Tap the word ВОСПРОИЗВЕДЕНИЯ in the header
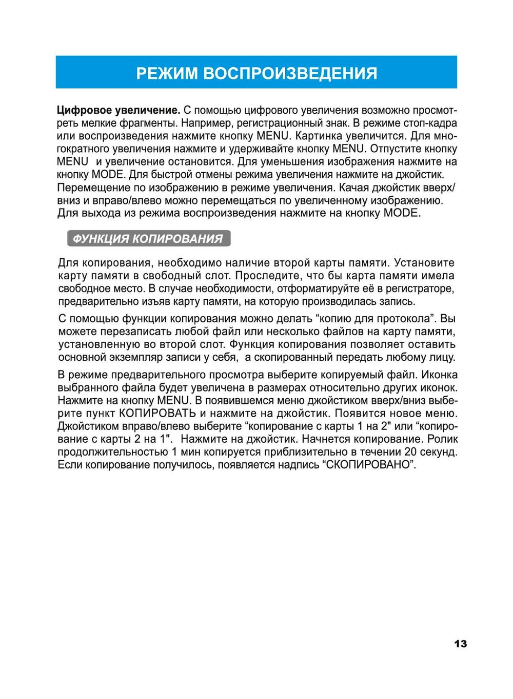pos(290,73)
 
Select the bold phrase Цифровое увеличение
pos(119,110)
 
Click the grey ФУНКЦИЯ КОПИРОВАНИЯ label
pos(148,239)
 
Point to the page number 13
pos(460,644)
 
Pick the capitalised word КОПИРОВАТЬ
pos(157,413)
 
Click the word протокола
pos(405,318)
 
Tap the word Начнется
pos(326,439)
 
